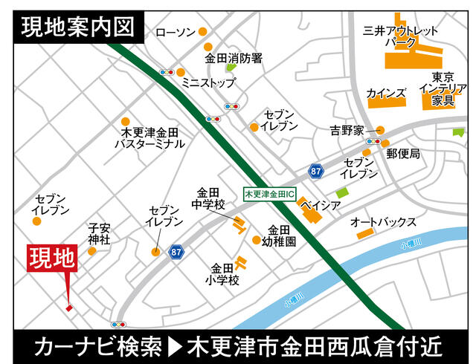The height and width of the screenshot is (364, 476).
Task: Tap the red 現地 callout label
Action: pyautogui.click(x=52, y=259)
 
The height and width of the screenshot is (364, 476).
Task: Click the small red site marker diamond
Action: pyautogui.click(x=68, y=308)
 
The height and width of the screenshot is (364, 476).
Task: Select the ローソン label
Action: pyautogui.click(x=176, y=32)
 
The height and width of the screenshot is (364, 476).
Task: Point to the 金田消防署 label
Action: pyautogui.click(x=234, y=56)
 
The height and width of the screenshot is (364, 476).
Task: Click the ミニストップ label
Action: pyautogui.click(x=208, y=83)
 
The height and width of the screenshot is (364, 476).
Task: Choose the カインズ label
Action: pyautogui.click(x=387, y=94)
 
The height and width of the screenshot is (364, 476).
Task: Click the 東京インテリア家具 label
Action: pyautogui.click(x=443, y=88)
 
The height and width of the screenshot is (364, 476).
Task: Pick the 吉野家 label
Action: pyautogui.click(x=350, y=130)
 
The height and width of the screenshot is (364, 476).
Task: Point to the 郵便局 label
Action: pyautogui.click(x=402, y=154)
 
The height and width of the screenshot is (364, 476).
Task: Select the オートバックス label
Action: pyautogui.click(x=383, y=222)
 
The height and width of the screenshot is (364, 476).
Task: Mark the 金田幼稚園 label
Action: pyautogui.click(x=282, y=235)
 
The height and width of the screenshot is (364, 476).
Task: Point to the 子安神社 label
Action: pyautogui.click(x=99, y=234)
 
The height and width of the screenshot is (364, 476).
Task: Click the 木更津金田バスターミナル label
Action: pyautogui.click(x=149, y=137)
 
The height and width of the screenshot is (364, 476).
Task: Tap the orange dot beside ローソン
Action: pyautogui.click(x=202, y=32)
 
